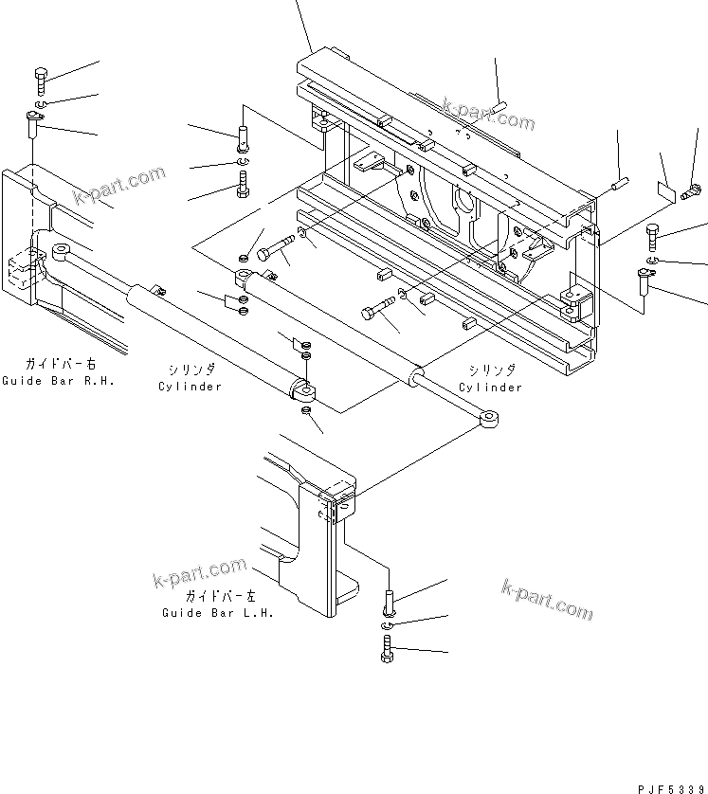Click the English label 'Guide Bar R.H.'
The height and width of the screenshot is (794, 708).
click(x=58, y=381)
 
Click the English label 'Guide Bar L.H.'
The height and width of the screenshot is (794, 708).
click(x=218, y=613)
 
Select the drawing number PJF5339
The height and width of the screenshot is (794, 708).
click(x=672, y=789)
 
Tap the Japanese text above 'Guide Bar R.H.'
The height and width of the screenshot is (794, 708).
click(x=61, y=364)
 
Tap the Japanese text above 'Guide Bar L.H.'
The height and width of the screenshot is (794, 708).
click(x=220, y=595)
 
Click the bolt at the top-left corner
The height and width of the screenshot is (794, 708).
click(x=41, y=81)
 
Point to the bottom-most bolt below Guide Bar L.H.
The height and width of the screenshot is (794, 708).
click(x=388, y=649)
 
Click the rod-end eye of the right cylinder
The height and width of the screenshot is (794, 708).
click(x=489, y=418)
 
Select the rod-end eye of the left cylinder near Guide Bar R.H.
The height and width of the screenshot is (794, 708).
click(x=62, y=251)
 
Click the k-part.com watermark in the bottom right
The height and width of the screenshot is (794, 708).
click(x=547, y=600)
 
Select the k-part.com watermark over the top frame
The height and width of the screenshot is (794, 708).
click(x=488, y=115)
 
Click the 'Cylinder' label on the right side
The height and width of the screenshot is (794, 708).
click(x=490, y=388)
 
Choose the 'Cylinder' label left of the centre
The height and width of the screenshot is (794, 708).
click(x=190, y=387)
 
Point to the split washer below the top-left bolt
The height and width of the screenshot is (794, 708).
click(x=41, y=104)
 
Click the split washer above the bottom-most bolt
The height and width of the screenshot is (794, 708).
click(x=388, y=626)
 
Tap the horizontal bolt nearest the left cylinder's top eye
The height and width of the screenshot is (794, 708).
click(x=276, y=246)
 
